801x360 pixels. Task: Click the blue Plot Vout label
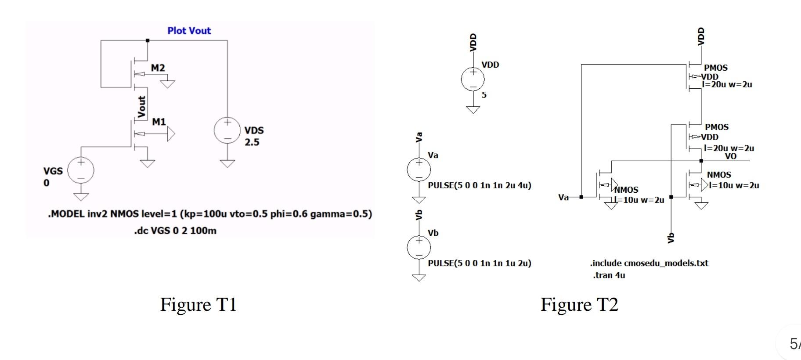(x=189, y=31)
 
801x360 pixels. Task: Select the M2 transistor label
(x=158, y=68)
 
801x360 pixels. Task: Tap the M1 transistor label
(x=159, y=122)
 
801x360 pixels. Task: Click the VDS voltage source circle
(x=227, y=130)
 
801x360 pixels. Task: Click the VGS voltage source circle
(x=81, y=170)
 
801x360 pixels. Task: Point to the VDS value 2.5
(x=252, y=142)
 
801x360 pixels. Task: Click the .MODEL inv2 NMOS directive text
(x=209, y=214)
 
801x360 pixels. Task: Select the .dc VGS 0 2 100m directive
(x=175, y=231)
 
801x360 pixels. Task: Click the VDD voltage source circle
(x=473, y=79)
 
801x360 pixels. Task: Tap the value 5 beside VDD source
(x=484, y=95)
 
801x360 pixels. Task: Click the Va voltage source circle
(x=419, y=170)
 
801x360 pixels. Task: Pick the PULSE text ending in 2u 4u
(x=479, y=185)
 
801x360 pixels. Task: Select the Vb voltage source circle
(x=419, y=248)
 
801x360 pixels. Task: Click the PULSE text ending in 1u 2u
(x=479, y=263)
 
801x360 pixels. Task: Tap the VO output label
(x=730, y=156)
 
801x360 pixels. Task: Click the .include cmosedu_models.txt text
(x=649, y=263)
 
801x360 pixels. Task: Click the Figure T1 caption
(x=198, y=305)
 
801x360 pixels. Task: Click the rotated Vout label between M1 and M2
(x=141, y=107)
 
